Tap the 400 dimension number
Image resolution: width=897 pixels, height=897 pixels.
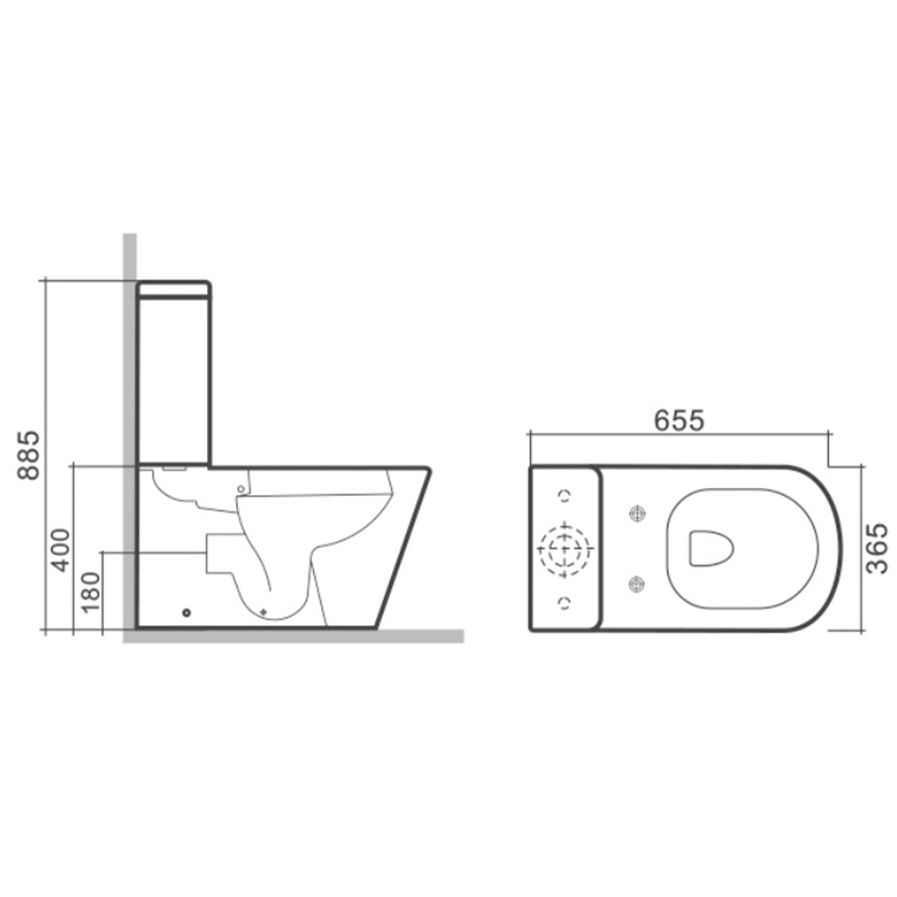click(60, 549)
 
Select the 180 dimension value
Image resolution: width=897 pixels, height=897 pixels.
click(90, 592)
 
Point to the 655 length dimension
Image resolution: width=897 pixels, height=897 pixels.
click(679, 419)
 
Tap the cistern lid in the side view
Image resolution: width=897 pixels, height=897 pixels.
click(175, 290)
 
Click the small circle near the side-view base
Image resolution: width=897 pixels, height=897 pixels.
click(187, 613)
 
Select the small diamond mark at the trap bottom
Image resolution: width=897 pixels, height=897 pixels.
click(264, 611)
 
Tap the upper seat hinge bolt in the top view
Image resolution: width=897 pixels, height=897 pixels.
click(638, 513)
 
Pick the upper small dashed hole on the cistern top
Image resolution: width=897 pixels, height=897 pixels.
click(564, 495)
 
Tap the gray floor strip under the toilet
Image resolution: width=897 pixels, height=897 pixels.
click(296, 637)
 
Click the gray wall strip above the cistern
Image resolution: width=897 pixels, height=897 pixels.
click(130, 256)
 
